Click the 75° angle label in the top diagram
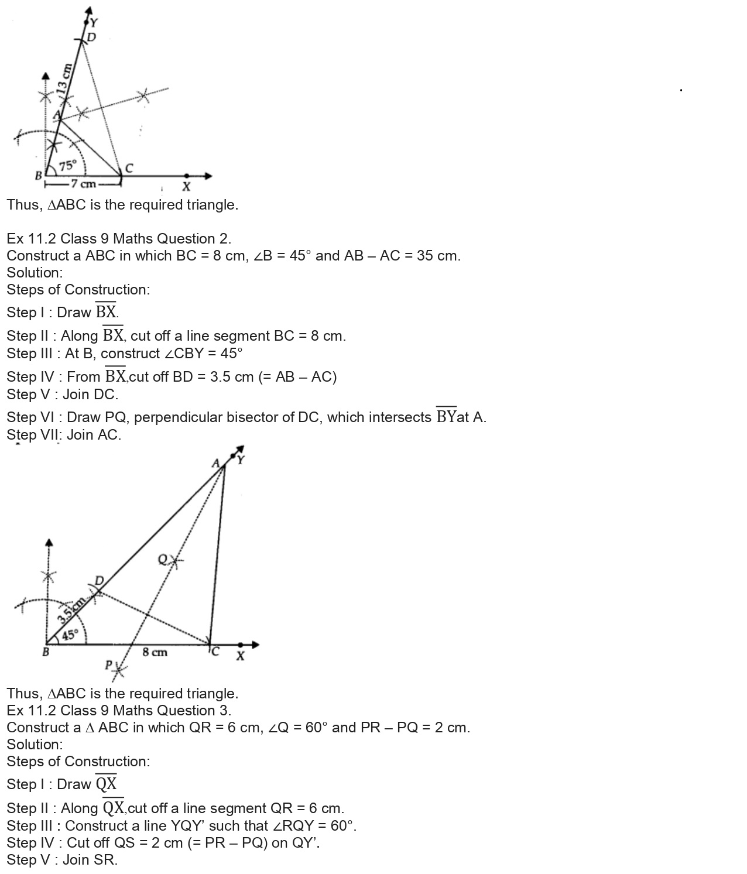[x=67, y=166]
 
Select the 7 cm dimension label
[x=83, y=184]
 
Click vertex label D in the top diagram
[x=91, y=37]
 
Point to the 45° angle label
[x=70, y=635]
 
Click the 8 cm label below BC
[x=155, y=652]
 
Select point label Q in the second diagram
[x=163, y=560]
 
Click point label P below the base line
[x=108, y=665]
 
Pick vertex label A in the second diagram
[x=215, y=463]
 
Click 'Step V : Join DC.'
[x=62, y=395]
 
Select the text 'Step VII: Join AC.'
[x=64, y=435]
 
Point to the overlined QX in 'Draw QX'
[x=106, y=783]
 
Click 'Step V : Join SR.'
[x=62, y=860]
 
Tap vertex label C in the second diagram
[x=215, y=651]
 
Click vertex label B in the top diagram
[x=38, y=175]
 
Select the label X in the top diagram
[x=186, y=187]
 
